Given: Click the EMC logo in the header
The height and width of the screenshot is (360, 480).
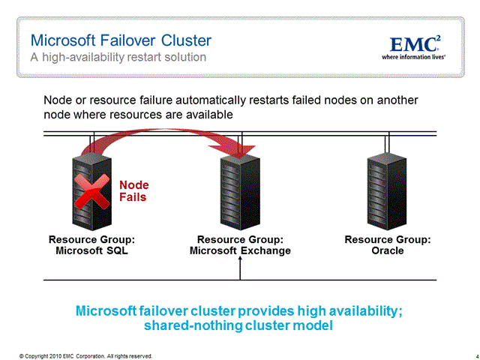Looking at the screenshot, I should click(417, 43).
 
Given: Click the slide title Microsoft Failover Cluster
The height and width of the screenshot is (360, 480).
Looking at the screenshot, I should click(121, 40).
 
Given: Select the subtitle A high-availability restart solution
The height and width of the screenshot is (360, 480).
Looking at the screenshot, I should click(118, 57).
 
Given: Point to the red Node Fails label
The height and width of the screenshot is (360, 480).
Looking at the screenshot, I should click(134, 191).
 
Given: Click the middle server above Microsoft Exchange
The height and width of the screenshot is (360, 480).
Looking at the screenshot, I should click(240, 189).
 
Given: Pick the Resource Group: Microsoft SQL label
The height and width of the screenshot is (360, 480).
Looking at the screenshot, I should click(91, 245).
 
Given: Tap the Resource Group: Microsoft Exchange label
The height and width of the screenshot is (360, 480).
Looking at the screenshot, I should click(240, 245).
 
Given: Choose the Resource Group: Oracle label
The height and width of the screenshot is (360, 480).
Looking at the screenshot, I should click(387, 245).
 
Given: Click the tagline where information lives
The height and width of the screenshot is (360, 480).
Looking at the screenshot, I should click(415, 56).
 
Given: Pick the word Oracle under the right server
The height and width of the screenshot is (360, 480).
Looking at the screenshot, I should click(387, 250).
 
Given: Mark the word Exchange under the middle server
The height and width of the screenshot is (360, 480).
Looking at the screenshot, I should click(265, 250).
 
